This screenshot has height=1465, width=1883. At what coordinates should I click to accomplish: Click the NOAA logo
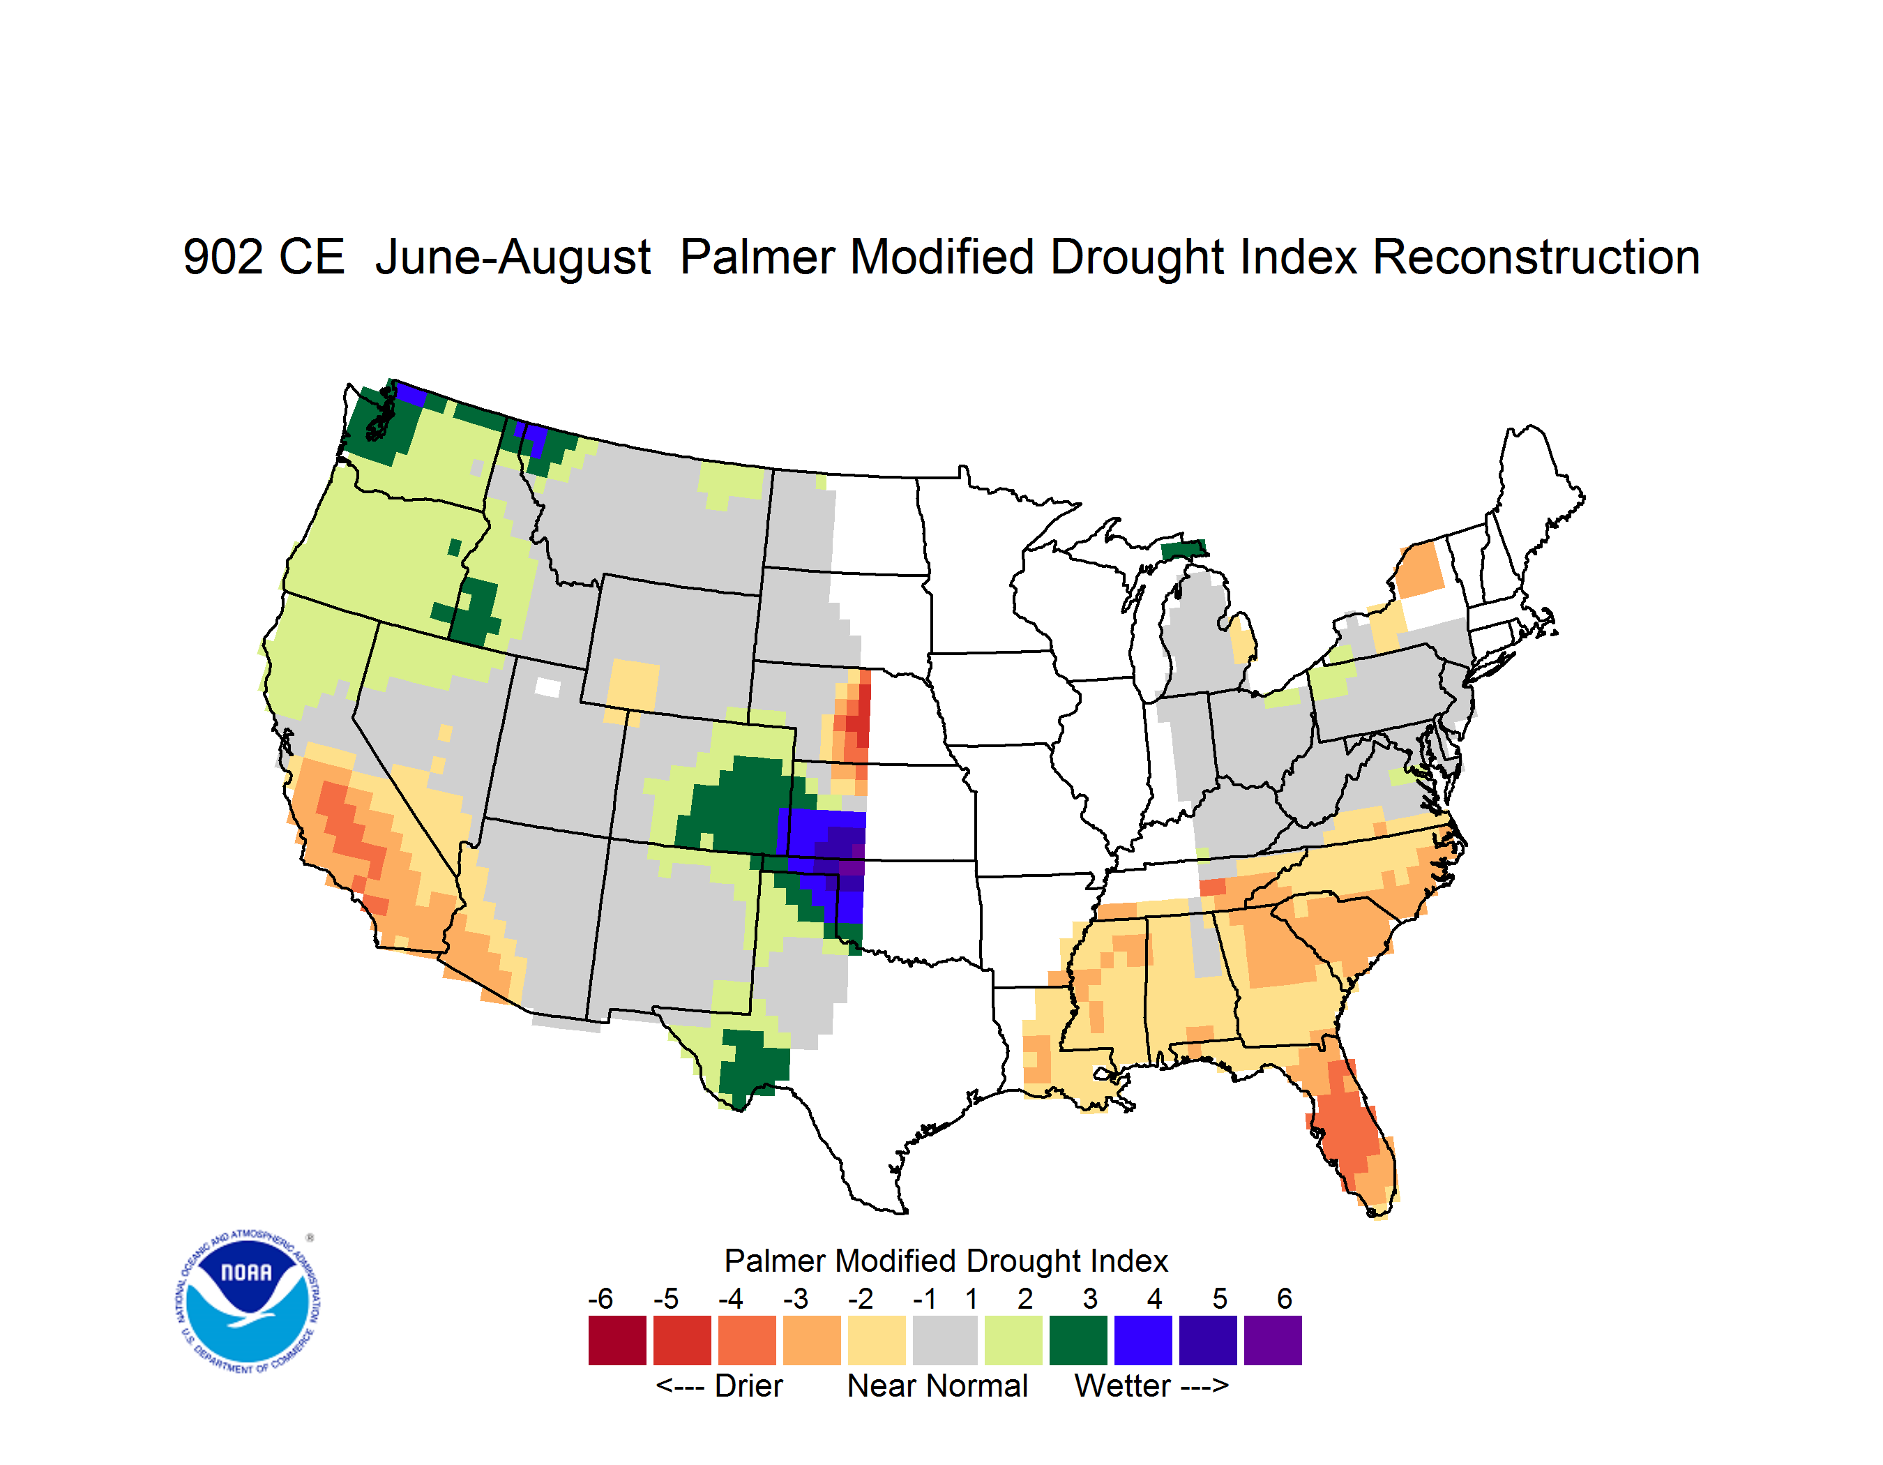pos(248,1302)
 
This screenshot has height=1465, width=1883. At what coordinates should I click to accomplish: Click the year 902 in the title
pos(222,257)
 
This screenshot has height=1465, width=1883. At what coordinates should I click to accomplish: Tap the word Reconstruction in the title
pos(1536,257)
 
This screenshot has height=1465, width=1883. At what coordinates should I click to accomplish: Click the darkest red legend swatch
pos(617,1340)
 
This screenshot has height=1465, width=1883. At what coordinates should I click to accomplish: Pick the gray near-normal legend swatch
pos(945,1340)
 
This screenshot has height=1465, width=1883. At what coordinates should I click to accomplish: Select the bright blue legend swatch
pos(1143,1340)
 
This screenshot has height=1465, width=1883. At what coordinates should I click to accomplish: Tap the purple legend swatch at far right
pos(1273,1340)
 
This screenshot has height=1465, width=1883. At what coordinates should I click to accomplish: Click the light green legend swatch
pos(1014,1340)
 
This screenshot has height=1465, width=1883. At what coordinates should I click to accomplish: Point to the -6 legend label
pos(601,1298)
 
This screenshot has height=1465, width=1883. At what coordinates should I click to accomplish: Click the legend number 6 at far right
pos(1285,1298)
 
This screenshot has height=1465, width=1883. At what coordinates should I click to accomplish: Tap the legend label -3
pos(796,1298)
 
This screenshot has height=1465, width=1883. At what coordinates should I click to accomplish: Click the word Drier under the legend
pos(748,1385)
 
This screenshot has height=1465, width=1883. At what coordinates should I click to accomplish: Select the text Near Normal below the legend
pos(937,1385)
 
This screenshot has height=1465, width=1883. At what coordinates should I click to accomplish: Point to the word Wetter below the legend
pos(1123,1385)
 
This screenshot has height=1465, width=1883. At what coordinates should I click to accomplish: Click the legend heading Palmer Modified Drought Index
pos(946,1261)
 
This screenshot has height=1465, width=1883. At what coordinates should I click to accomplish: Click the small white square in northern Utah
pos(547,687)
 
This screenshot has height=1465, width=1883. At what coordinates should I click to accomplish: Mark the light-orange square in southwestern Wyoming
pos(633,686)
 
